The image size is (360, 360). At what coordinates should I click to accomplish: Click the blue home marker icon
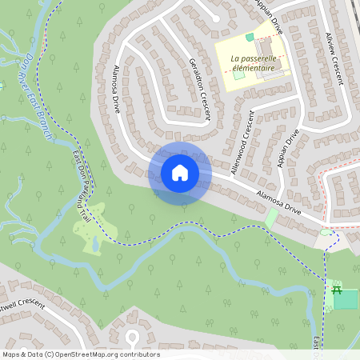180,173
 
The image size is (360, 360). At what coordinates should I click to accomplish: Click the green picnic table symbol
337,289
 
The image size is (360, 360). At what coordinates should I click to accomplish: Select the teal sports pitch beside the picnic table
346,300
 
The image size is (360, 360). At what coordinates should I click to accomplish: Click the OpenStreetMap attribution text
80,354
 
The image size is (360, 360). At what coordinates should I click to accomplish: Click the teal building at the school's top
250,37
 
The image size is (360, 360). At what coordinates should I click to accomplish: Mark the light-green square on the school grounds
239,76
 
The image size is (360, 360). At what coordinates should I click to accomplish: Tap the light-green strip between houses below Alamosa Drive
271,218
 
